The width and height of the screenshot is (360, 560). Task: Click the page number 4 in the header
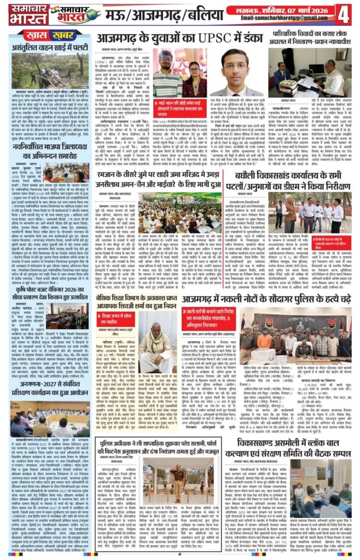pos(346,14)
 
